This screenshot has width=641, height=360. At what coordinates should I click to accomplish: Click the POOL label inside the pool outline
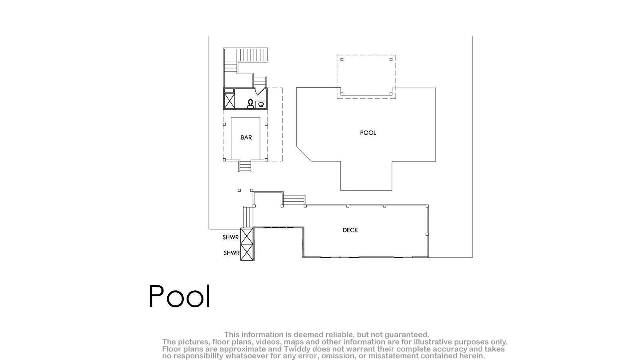point(368,133)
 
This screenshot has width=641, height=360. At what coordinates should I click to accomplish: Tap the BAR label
point(246,138)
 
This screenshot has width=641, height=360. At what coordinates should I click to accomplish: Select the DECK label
point(350,230)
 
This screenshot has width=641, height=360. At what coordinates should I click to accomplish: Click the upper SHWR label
point(231,237)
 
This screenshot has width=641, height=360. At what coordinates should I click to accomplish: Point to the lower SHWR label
point(231,253)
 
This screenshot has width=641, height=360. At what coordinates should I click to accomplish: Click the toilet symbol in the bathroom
point(251,104)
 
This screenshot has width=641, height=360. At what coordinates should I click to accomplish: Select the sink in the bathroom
point(261,105)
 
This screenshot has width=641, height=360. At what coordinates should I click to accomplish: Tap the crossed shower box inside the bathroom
point(229,101)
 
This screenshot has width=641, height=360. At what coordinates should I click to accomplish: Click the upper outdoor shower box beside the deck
point(247,236)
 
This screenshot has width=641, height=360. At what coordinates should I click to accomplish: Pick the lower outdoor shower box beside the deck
point(247,252)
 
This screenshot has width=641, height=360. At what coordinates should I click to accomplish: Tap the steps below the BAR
point(245,166)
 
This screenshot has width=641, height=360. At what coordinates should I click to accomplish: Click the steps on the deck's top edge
point(294,200)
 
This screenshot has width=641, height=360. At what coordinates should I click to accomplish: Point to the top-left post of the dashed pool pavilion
point(342,60)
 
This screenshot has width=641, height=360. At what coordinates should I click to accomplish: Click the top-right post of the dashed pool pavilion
point(391,60)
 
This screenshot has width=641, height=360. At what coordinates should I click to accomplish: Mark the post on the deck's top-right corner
point(427,206)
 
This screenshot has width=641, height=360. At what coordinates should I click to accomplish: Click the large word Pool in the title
point(179,296)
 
